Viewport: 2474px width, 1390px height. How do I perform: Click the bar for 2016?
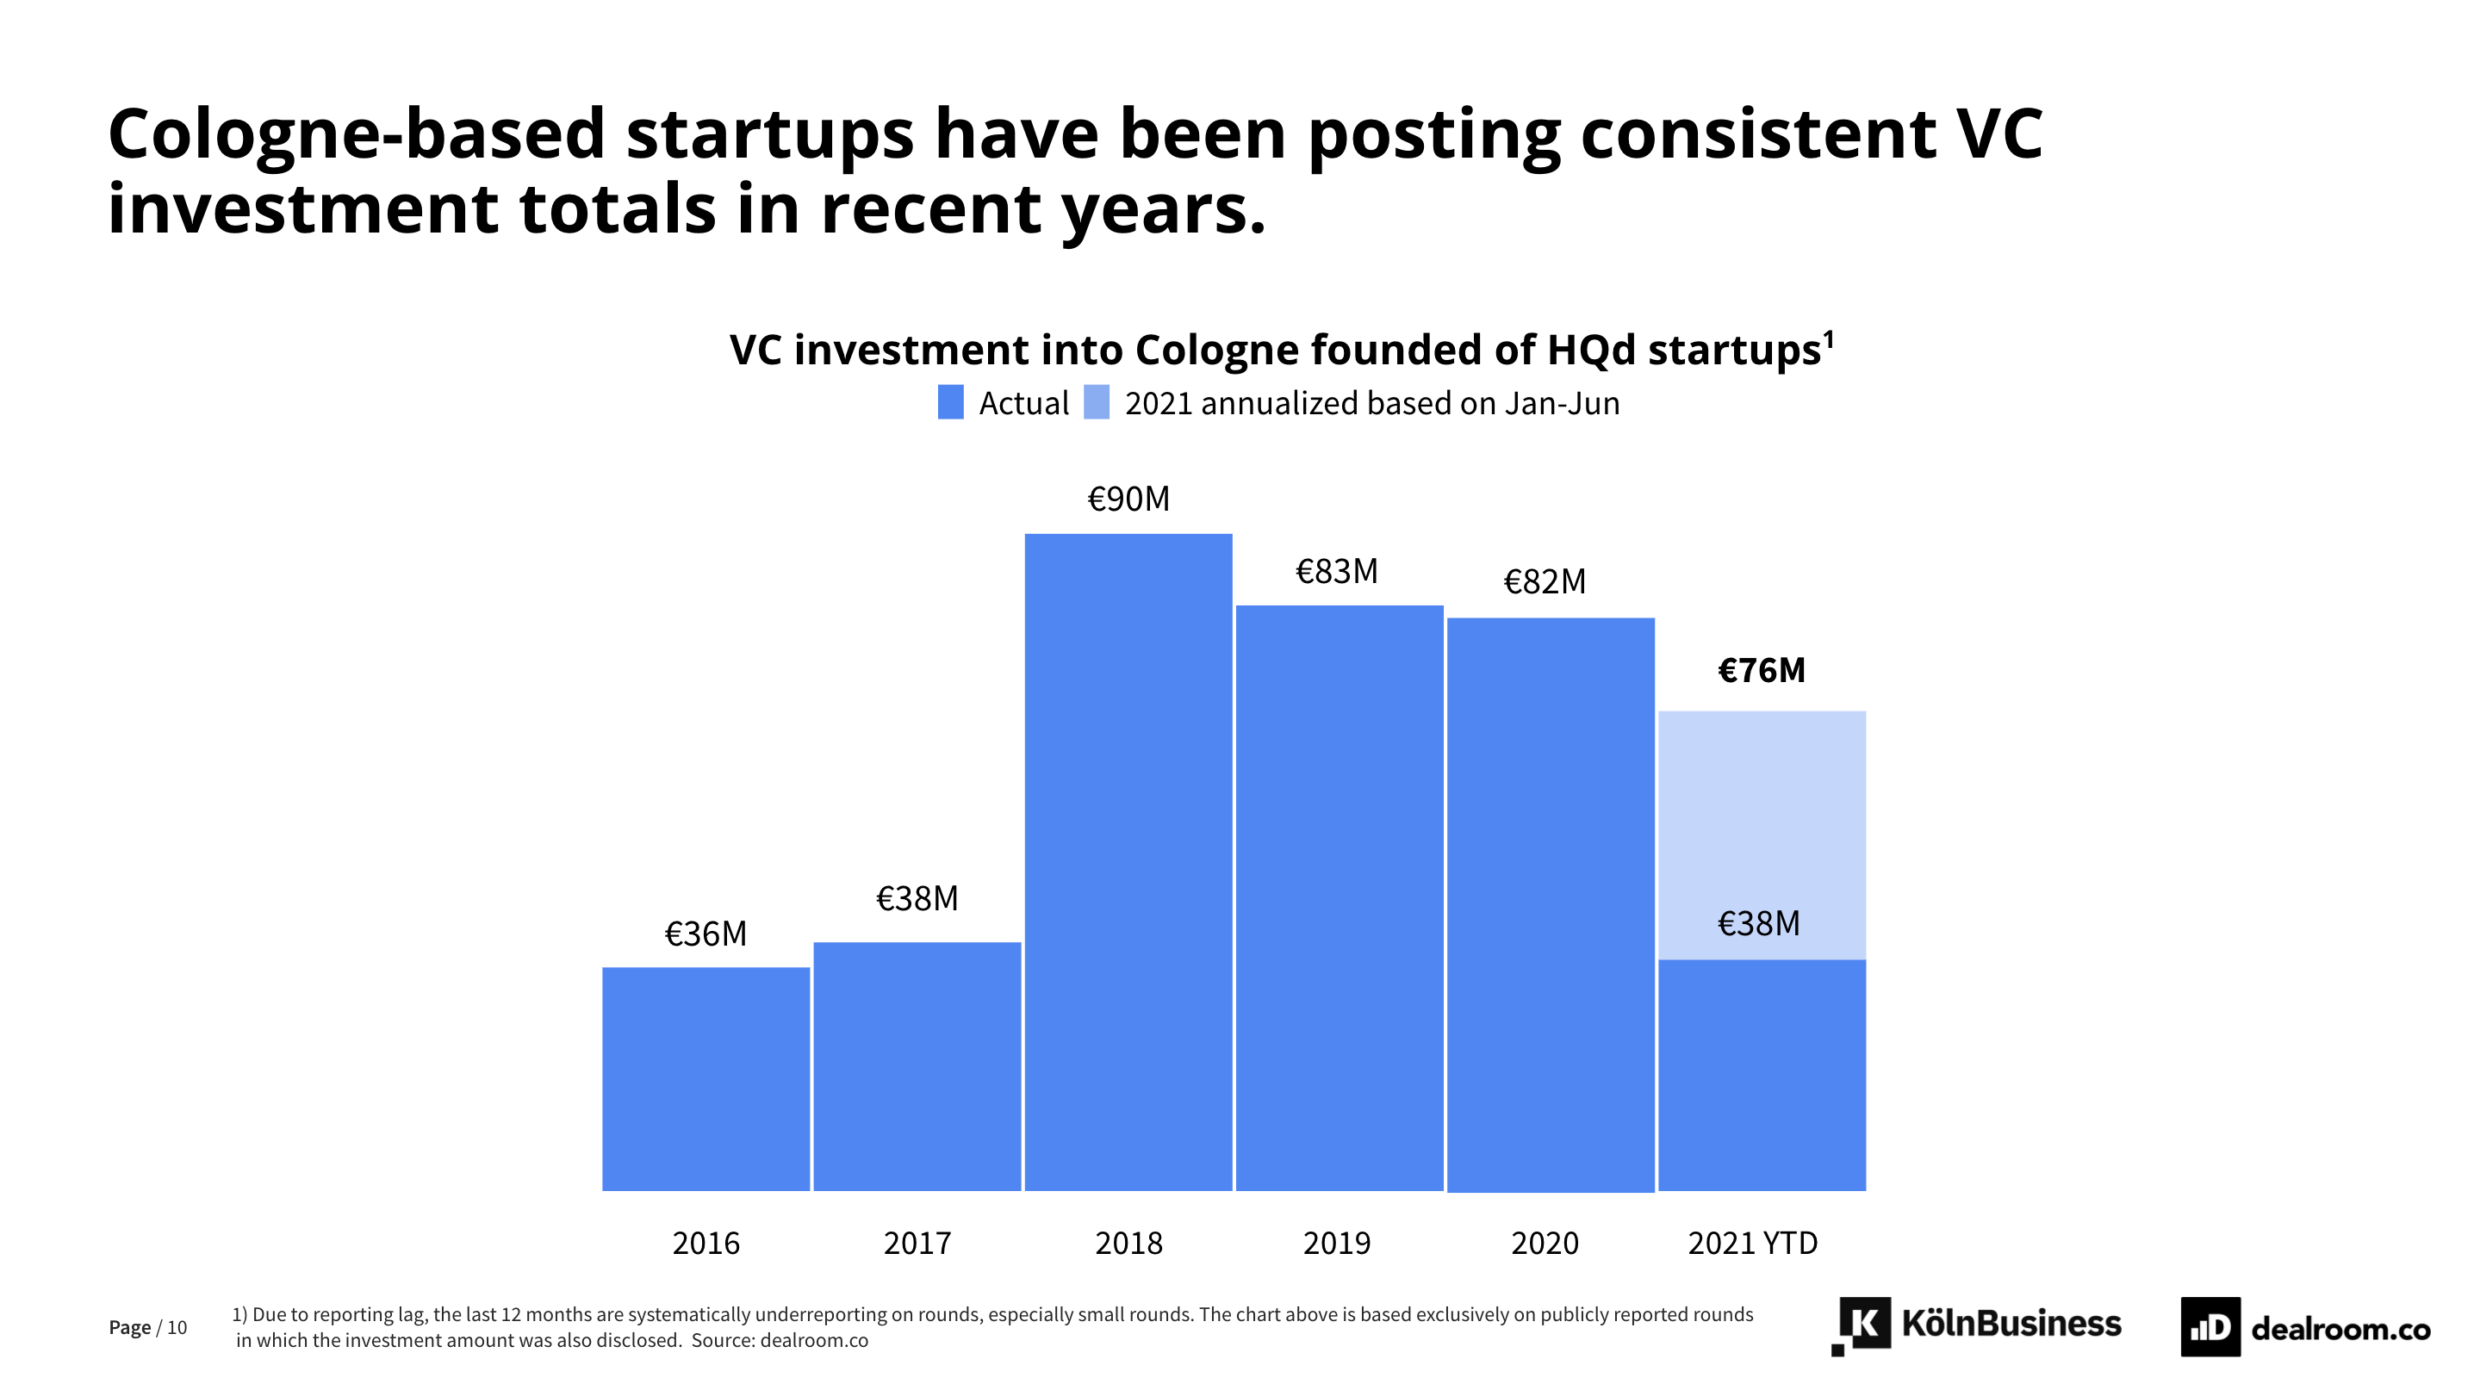pos(706,1079)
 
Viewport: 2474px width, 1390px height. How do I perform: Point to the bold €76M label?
pos(1762,670)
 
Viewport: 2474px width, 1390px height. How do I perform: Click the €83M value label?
pos(1337,572)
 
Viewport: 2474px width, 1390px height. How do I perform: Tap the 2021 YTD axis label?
pos(1753,1243)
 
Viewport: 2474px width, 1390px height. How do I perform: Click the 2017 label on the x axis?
pos(917,1243)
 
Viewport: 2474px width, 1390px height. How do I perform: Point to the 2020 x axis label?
pos(1545,1243)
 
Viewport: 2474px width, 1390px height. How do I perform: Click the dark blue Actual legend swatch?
pos(951,402)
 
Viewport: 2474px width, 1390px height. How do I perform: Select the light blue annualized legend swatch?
pos(1096,402)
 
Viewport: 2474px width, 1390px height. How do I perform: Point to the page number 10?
pos(177,1328)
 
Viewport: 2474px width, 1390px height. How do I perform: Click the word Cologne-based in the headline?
pos(357,133)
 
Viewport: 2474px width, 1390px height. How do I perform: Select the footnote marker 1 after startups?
pos(1829,338)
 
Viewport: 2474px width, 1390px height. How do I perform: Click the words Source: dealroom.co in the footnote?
pos(780,1340)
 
